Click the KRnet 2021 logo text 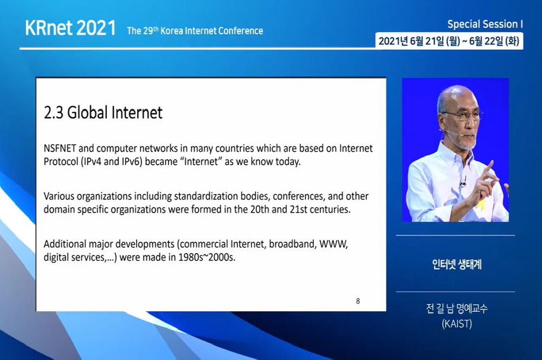click(70, 28)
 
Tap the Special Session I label click(485, 24)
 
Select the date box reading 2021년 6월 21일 click(449, 41)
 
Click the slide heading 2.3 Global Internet click(103, 112)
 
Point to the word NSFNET click(60, 149)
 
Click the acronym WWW click(333, 244)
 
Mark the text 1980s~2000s click(207, 258)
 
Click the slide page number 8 click(358, 301)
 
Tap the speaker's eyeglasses click(462, 115)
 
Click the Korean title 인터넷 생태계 click(456, 265)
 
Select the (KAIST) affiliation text click(456, 324)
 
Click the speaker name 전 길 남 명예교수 click(456, 308)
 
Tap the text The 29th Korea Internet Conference click(195, 31)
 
